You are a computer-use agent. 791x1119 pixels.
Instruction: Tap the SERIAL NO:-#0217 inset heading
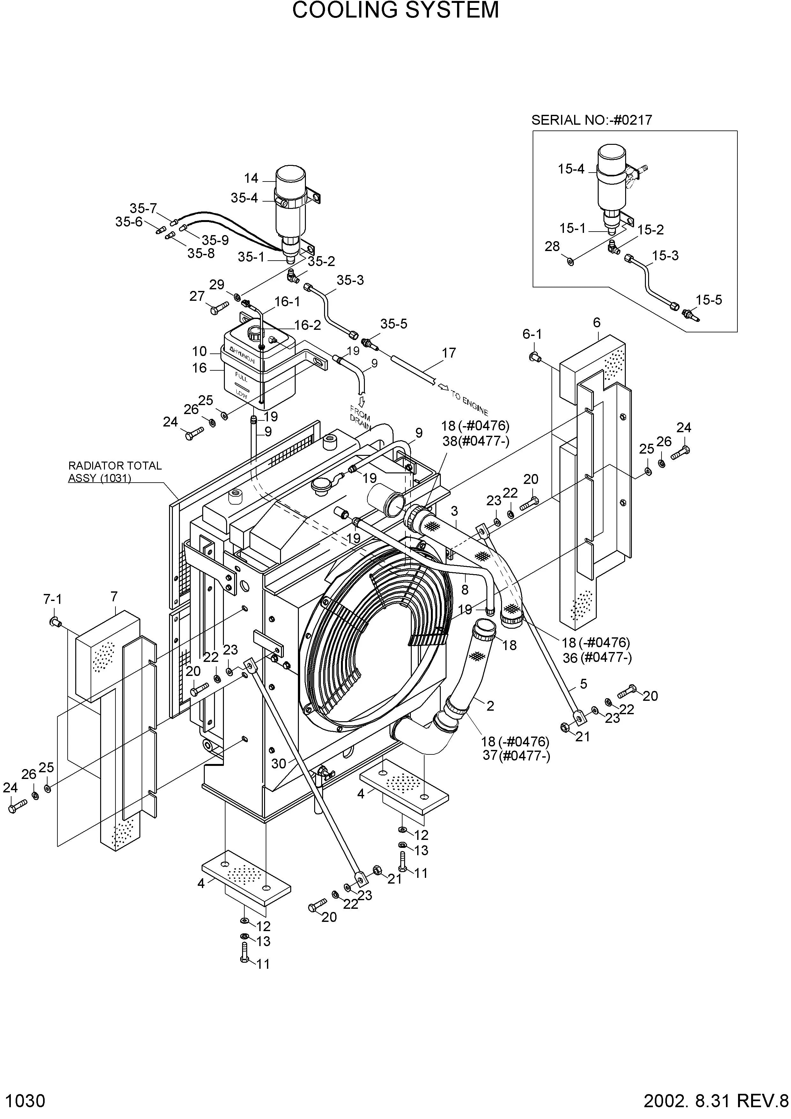click(591, 120)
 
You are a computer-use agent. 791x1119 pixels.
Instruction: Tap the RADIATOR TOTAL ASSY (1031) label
click(115, 472)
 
